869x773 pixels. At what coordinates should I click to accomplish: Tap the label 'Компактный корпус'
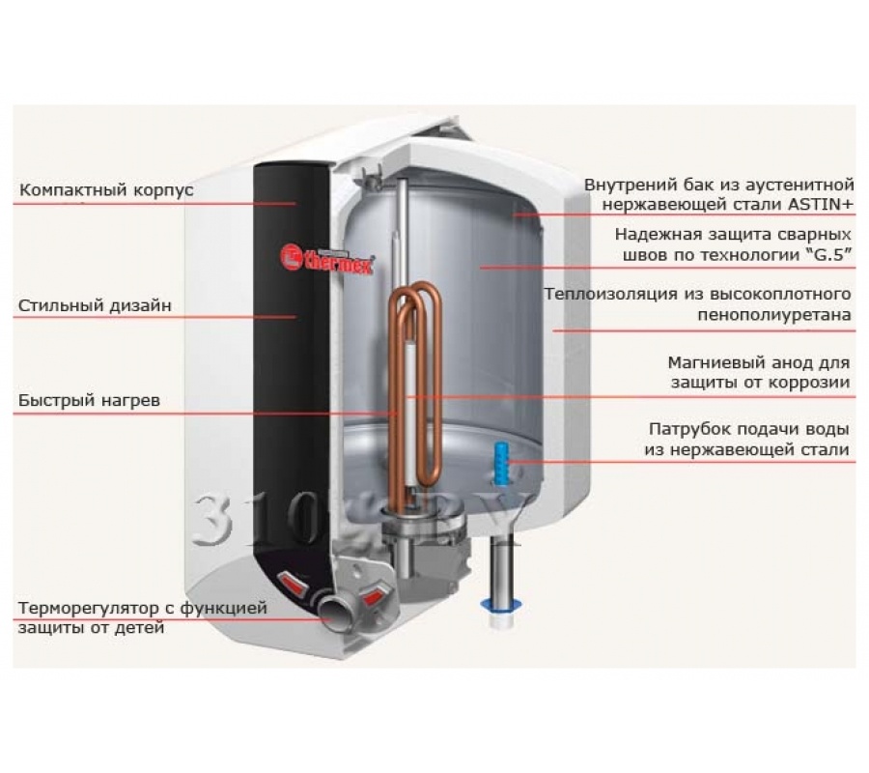[x=106, y=190]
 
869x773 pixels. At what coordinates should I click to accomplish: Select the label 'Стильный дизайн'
[x=95, y=306]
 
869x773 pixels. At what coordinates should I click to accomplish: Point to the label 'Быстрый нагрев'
[x=88, y=400]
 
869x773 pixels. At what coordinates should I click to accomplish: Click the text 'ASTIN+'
[x=820, y=204]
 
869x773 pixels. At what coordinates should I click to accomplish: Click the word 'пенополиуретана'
[x=774, y=314]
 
